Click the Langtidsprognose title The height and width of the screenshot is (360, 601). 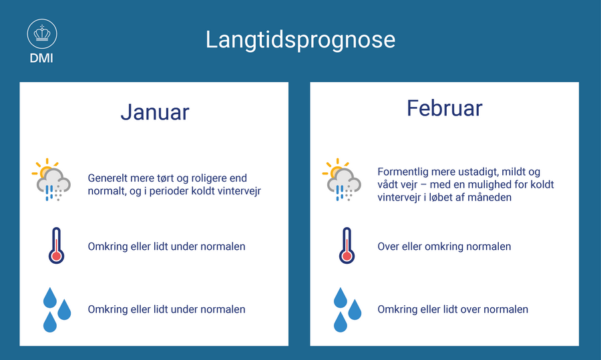tap(300, 40)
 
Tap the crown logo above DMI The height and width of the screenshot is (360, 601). tap(42, 34)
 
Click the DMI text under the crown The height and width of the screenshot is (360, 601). tap(41, 58)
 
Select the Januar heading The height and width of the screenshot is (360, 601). tap(155, 112)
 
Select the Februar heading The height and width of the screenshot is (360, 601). tap(445, 108)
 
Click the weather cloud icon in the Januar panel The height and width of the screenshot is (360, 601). tap(51, 180)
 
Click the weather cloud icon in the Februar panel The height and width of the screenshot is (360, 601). tap(342, 180)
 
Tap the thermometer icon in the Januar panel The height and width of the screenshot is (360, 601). tap(56, 245)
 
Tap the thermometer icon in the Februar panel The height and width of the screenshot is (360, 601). tap(347, 245)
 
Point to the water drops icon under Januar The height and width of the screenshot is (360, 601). tap(57, 309)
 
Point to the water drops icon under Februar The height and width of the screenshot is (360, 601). tap(347, 309)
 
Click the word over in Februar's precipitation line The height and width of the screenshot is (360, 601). tap(472, 310)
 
